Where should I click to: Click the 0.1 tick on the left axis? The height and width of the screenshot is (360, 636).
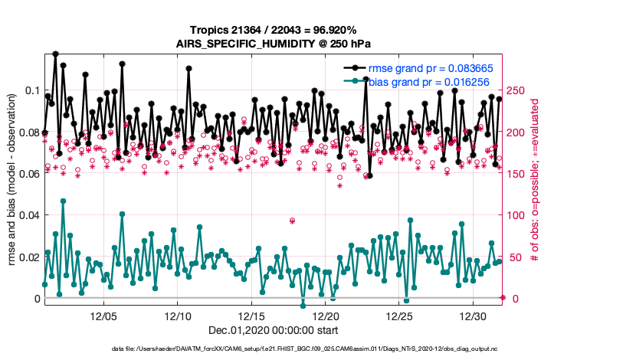[31, 91]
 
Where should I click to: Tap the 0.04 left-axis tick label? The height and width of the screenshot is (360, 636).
[26, 215]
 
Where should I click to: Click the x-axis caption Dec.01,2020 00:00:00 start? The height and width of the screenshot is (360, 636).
[274, 330]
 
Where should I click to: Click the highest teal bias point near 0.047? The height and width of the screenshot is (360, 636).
[63, 201]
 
